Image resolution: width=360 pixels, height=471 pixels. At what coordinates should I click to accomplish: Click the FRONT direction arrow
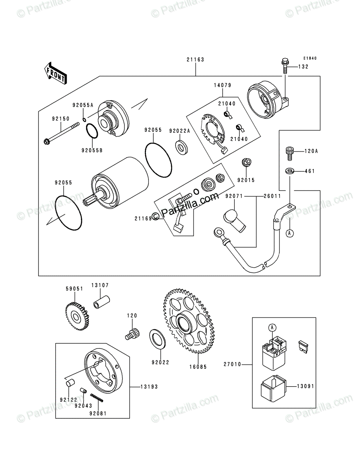point(55,73)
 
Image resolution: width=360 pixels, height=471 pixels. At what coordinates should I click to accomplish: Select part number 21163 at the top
point(196,60)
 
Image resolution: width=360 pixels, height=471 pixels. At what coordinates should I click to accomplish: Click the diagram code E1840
point(310,58)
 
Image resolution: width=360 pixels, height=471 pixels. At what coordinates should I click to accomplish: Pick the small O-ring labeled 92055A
point(84,120)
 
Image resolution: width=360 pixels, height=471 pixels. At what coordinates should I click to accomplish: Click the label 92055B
point(92,151)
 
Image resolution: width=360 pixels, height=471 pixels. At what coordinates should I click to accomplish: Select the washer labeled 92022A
point(181,147)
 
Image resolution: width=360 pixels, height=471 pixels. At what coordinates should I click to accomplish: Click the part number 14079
point(223,85)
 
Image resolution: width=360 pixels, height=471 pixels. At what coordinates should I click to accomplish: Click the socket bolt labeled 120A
point(289,153)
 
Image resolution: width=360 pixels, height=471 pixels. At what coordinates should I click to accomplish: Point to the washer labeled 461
point(290,171)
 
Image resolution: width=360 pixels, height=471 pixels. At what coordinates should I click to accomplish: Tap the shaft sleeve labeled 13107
point(101,302)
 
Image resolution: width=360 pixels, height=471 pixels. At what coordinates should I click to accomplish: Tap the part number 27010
point(232,364)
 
